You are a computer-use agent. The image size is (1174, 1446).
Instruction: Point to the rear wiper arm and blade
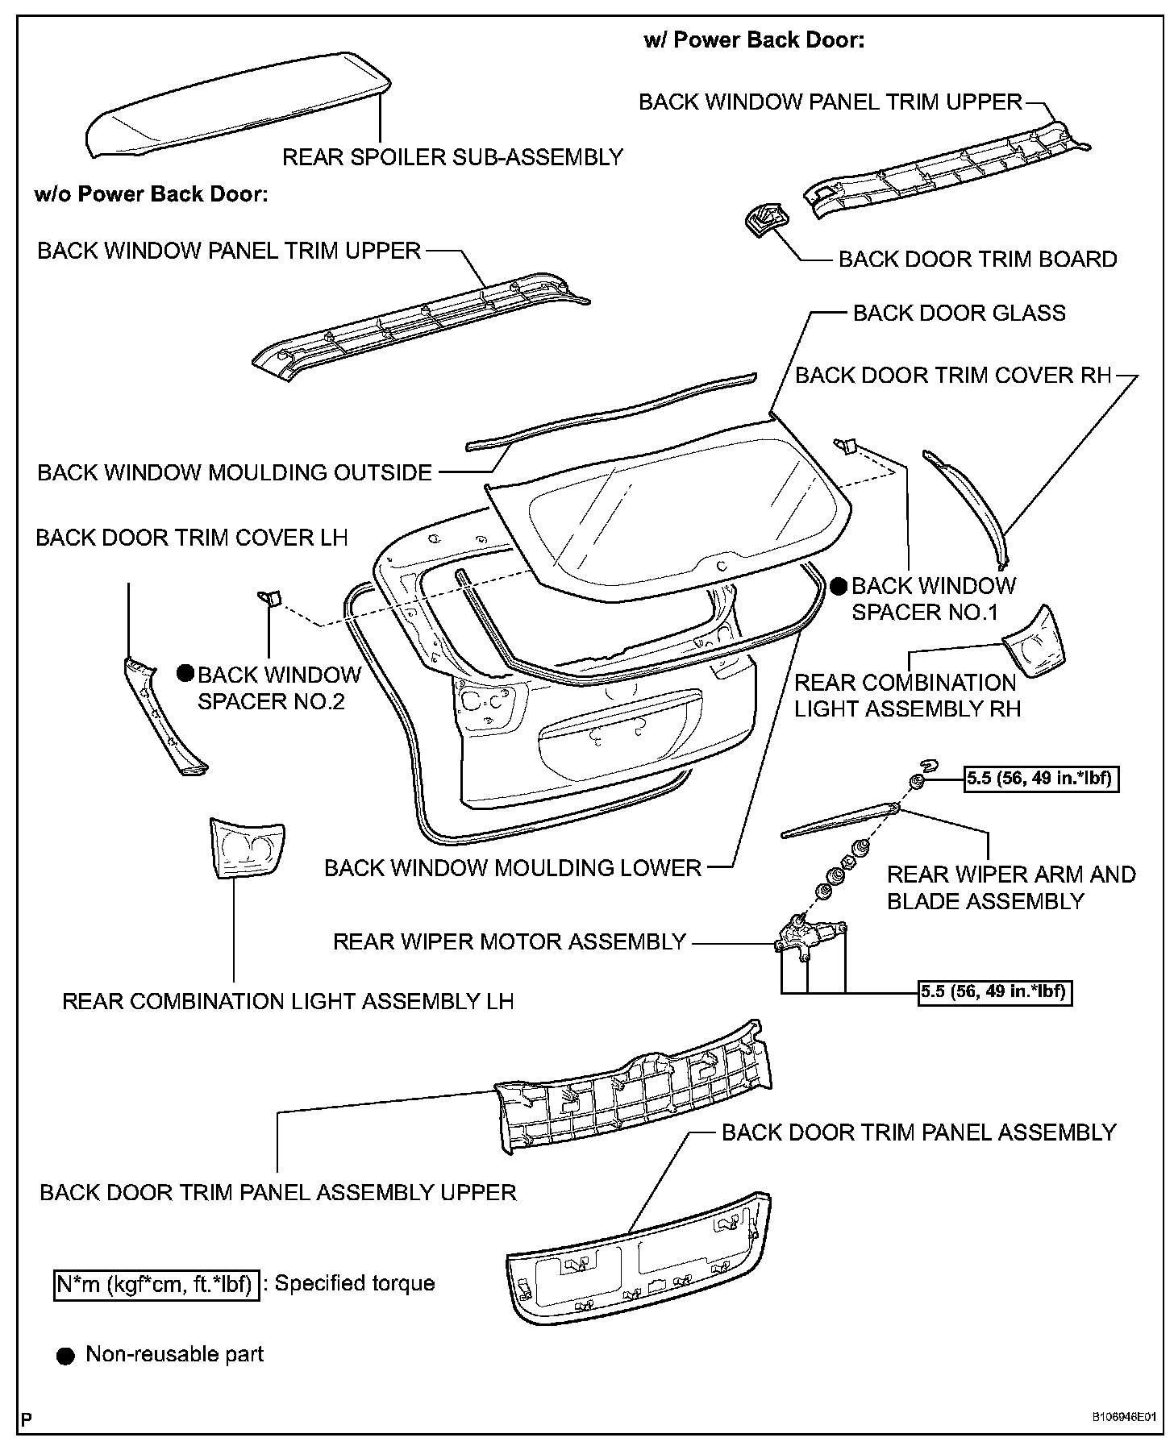coord(839,819)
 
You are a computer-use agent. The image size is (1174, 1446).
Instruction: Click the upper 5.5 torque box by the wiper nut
coord(1042,779)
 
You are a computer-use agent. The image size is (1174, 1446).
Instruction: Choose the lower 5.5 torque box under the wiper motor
coord(996,991)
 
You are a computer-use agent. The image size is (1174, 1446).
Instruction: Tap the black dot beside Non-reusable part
coord(65,1356)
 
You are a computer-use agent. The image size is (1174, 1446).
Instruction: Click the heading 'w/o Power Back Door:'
coord(151,194)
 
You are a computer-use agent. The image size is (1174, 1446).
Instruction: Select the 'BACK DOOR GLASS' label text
coord(959,314)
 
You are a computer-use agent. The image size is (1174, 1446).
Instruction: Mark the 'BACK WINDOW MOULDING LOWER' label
coord(513,868)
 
